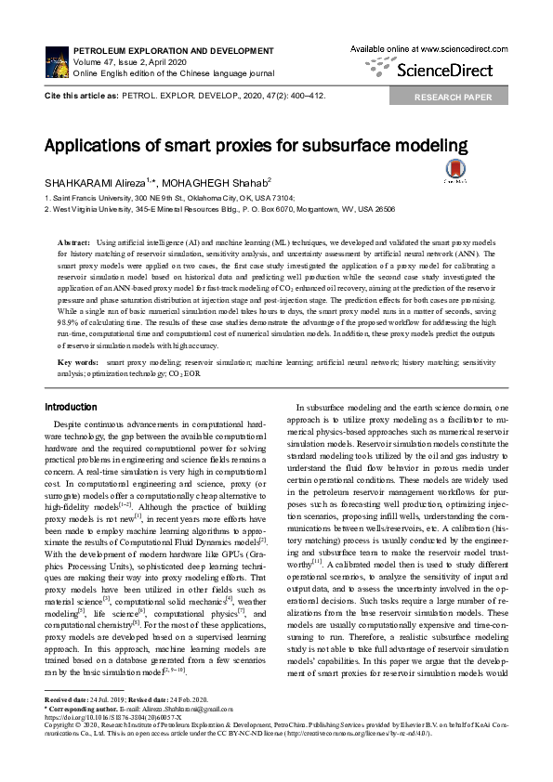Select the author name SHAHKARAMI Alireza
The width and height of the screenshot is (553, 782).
click(93, 183)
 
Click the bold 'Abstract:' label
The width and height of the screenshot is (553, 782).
click(74, 241)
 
